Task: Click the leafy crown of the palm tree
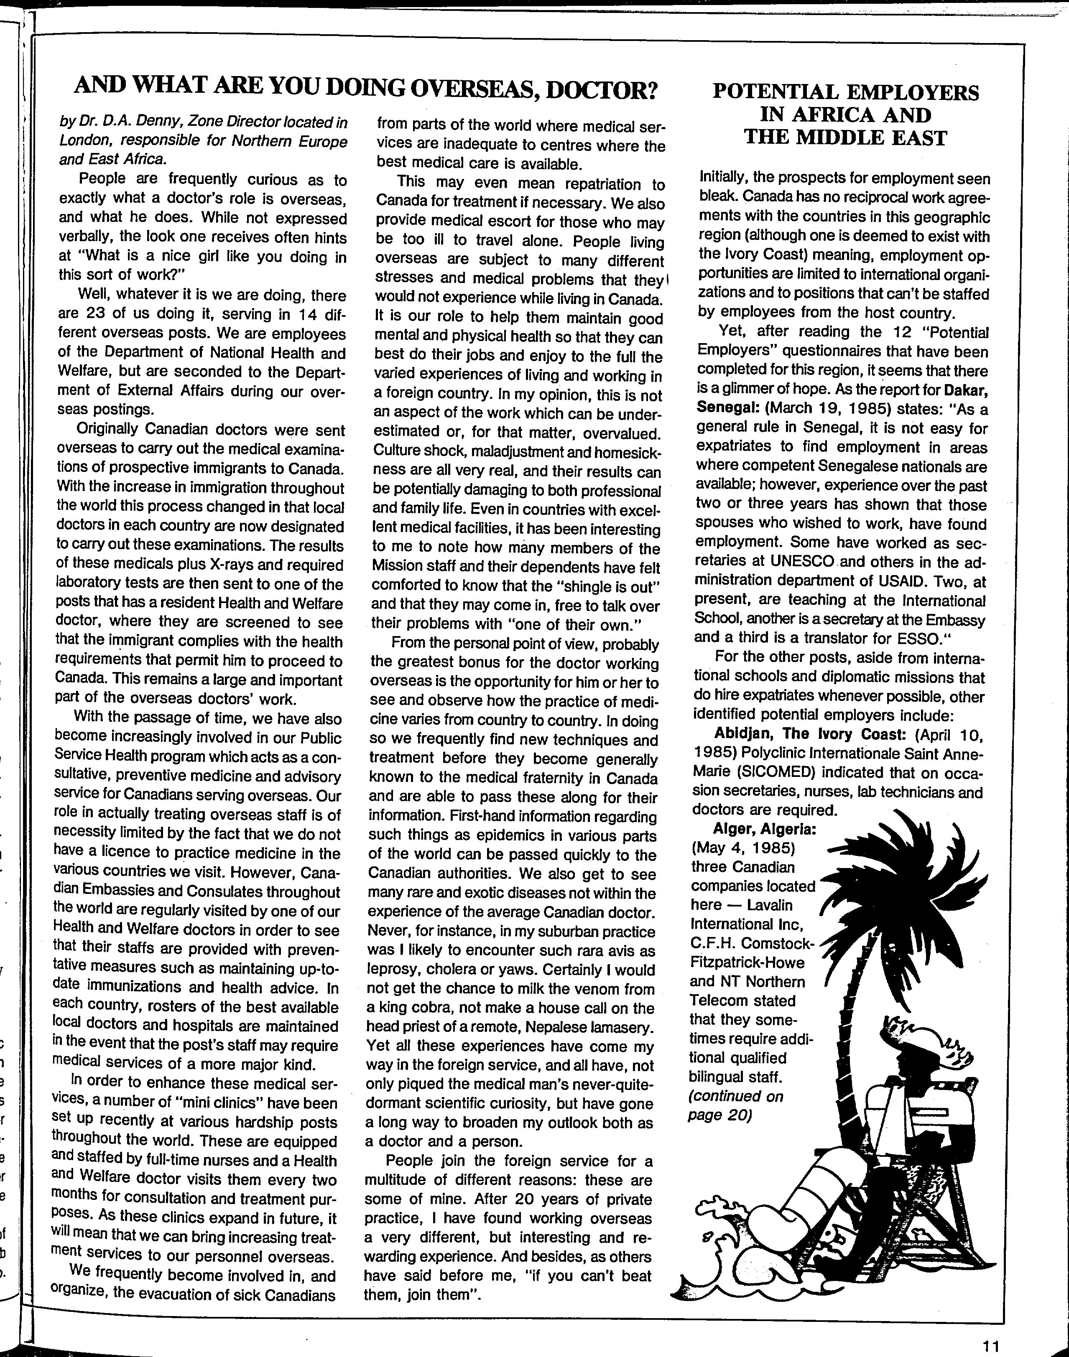[901, 876]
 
